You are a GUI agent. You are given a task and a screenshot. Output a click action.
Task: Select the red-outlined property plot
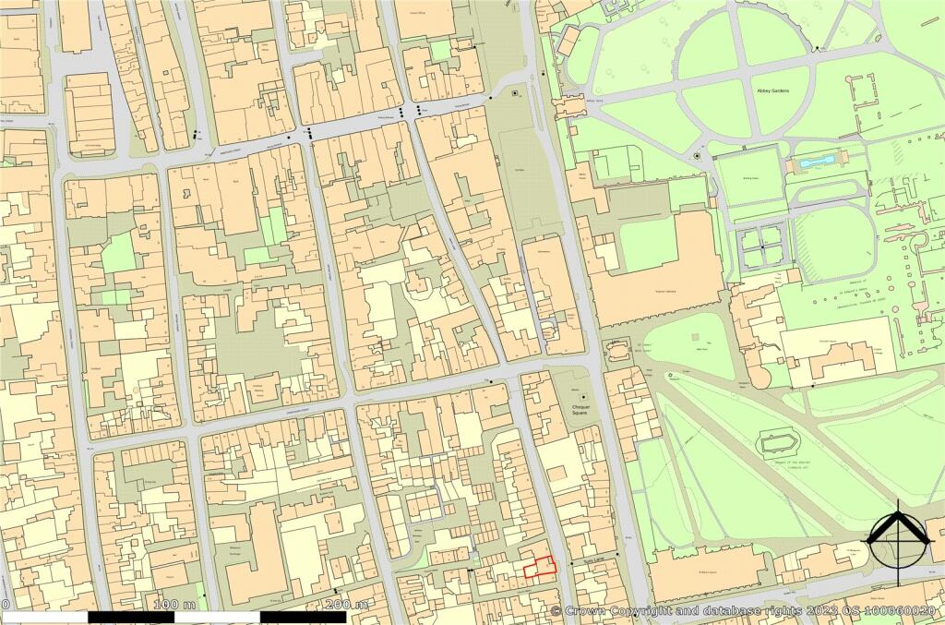tap(541, 567)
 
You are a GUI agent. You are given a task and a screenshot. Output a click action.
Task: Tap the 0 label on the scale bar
tap(6, 605)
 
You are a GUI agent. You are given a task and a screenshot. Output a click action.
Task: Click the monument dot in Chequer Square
tap(583, 397)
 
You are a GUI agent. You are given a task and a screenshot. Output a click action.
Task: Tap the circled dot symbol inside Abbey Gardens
tap(697, 156)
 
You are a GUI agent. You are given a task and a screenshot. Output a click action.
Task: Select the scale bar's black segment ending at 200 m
tap(303, 617)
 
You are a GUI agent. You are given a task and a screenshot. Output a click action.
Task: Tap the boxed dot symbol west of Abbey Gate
tap(515, 93)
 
